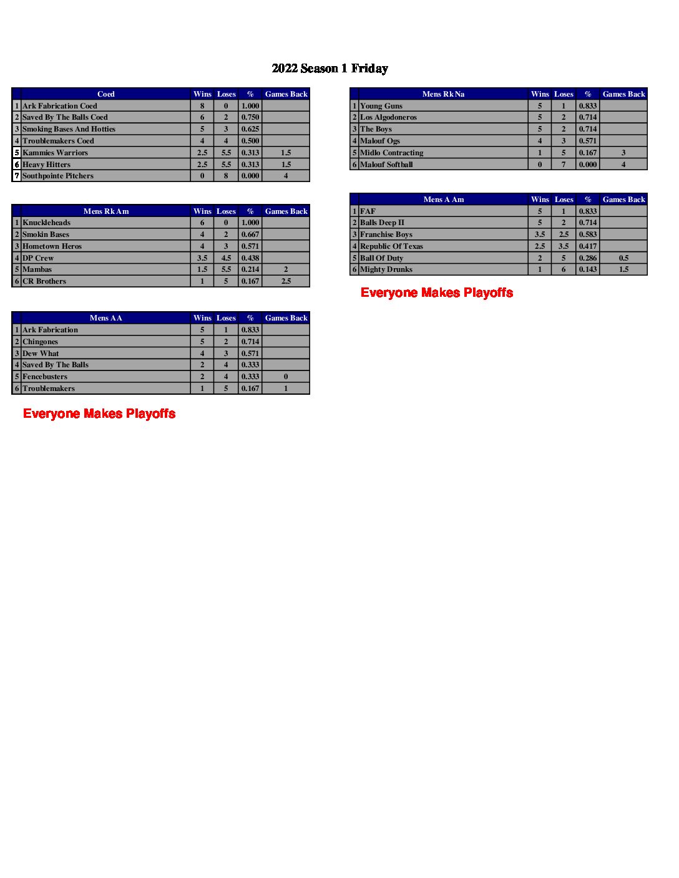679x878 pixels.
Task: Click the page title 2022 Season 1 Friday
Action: [x=330, y=69]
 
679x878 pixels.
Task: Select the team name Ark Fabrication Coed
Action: [x=60, y=106]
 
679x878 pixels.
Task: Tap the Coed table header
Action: [x=105, y=94]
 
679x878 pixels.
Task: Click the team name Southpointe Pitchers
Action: [x=58, y=176]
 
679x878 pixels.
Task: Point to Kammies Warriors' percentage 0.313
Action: [x=250, y=153]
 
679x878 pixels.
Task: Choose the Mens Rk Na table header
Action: [x=443, y=94]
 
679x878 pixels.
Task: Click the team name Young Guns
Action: [x=381, y=106]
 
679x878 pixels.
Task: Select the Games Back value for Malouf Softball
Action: [x=623, y=165]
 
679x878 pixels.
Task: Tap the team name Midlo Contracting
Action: [x=391, y=153]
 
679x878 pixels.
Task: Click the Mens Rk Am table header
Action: [x=105, y=211]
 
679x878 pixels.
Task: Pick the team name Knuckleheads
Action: [x=46, y=223]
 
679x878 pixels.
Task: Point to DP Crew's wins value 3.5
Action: [x=202, y=258]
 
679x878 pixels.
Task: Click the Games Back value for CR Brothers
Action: [x=286, y=281]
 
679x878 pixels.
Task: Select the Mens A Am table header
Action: [x=443, y=200]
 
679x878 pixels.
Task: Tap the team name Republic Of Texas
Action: [x=391, y=246]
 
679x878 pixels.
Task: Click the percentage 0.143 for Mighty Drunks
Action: [x=587, y=269]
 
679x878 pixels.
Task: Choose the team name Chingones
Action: [x=40, y=342]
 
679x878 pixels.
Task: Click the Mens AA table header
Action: [x=105, y=318]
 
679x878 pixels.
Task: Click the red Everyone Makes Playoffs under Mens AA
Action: [x=99, y=413]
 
